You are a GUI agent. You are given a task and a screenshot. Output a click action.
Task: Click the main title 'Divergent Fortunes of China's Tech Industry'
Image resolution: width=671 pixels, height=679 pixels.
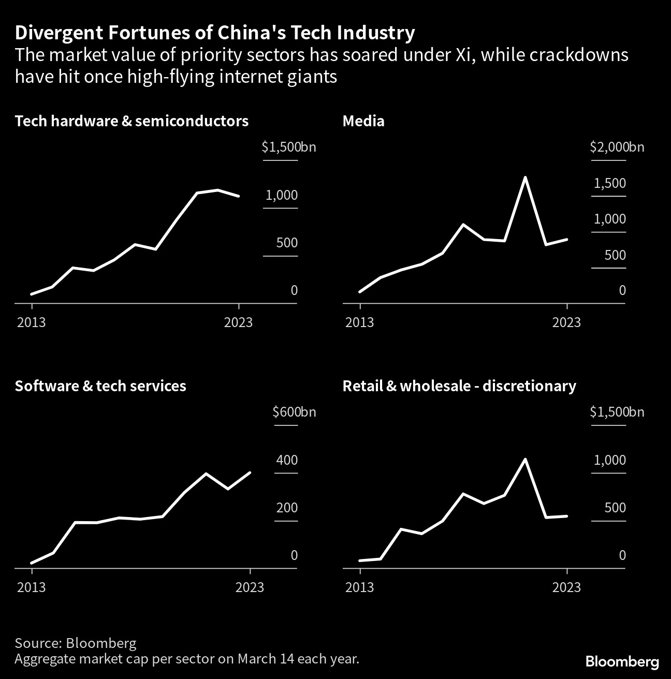(215, 33)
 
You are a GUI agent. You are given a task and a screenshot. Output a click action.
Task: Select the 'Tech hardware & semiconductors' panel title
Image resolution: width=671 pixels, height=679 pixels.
(132, 121)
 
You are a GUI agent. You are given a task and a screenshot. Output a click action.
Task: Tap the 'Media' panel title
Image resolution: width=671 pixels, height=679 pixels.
(363, 121)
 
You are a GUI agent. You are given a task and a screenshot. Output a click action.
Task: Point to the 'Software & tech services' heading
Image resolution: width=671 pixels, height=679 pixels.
(100, 386)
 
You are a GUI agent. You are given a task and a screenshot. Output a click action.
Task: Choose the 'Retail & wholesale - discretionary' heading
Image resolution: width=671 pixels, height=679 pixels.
(459, 386)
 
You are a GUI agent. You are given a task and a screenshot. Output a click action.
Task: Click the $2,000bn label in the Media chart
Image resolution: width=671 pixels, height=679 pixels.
(617, 147)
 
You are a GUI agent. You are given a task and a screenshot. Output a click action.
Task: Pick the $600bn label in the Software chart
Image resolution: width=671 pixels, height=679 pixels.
(294, 412)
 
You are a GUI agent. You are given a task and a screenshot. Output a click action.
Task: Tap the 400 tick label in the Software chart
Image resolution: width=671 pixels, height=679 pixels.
(287, 460)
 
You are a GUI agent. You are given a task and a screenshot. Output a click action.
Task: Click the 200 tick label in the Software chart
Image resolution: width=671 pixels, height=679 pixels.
(287, 508)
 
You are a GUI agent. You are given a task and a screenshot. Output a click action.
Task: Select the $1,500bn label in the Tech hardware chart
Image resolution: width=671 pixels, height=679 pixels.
(288, 147)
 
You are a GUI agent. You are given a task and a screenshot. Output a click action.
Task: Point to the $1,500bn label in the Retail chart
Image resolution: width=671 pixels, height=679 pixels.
(617, 412)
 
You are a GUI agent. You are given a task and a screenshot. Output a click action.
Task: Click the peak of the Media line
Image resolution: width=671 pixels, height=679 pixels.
(525, 178)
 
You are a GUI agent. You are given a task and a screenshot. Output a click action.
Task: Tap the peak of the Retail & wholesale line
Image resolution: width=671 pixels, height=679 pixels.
(525, 459)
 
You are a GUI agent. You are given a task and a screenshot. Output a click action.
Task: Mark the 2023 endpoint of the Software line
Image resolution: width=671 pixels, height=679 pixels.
(250, 473)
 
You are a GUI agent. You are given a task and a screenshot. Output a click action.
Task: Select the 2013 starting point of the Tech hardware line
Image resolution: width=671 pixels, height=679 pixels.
(32, 294)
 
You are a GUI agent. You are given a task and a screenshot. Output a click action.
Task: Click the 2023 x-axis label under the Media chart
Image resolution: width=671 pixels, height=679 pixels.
(566, 322)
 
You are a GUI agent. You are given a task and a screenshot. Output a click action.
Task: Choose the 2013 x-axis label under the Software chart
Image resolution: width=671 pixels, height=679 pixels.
(32, 587)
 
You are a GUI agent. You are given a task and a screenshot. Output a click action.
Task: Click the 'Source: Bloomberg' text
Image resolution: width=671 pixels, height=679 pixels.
(76, 643)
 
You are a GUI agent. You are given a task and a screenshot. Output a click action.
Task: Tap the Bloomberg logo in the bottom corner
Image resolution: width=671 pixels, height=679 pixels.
(622, 661)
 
